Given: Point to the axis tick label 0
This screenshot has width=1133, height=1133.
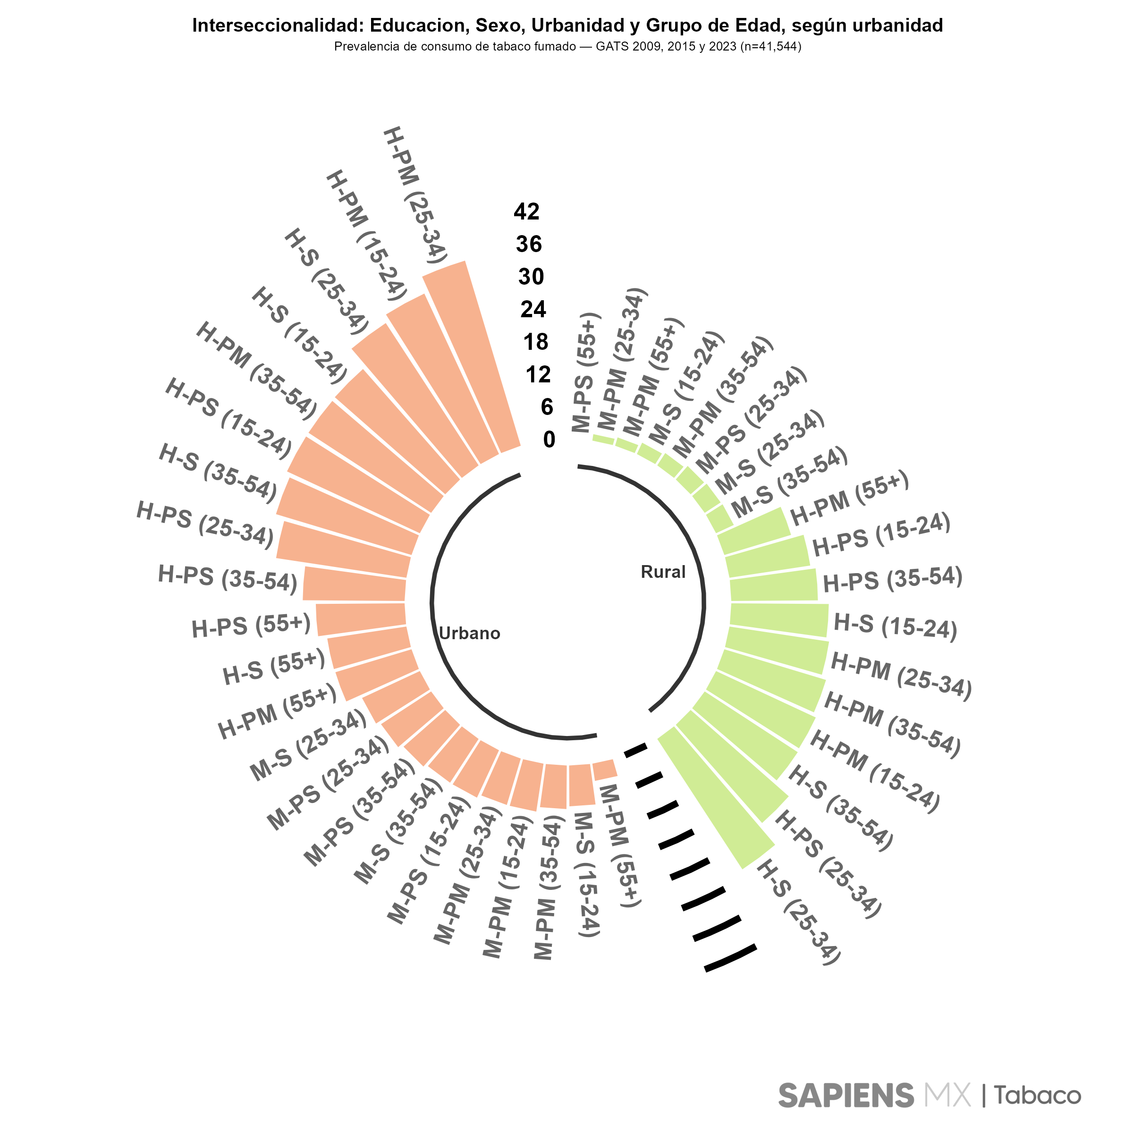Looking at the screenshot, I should point(549,439).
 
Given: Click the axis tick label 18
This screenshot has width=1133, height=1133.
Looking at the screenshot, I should point(535,342).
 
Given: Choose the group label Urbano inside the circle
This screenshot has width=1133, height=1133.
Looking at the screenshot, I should point(469,634).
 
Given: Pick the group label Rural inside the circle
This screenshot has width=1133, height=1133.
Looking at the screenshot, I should point(663,572).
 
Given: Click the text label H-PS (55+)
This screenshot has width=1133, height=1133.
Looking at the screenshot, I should point(251,626).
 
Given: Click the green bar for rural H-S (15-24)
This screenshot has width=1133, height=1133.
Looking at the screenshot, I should point(779,620).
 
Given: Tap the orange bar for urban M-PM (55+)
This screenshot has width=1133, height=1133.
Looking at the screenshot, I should point(605,769).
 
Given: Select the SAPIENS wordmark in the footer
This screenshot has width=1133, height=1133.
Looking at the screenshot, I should point(846,1095).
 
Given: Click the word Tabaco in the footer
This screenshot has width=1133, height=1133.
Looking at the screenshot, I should point(1037,1095).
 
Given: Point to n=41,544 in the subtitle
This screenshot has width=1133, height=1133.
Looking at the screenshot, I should point(769,46).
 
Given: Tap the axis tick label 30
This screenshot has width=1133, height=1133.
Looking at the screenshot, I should point(531,277).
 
